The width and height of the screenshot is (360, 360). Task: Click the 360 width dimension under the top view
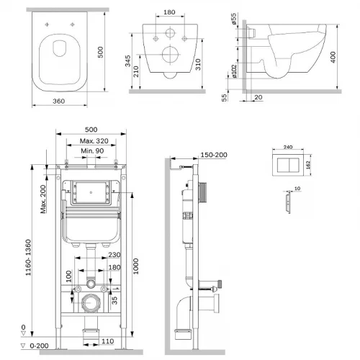59,102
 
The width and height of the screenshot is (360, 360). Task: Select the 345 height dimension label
128,61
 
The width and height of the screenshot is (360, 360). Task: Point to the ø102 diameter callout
234,71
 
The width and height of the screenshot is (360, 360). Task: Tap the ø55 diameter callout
233,19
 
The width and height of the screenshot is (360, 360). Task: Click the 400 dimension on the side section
333,57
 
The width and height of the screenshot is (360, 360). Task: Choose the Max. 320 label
94,141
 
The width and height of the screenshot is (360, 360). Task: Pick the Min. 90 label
92,151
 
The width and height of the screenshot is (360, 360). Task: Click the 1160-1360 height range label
28,258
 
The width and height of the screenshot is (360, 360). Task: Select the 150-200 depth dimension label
214,155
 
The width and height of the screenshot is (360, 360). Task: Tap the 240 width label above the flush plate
288,147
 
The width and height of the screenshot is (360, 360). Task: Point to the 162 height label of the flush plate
308,165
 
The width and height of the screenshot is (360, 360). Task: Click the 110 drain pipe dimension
107,341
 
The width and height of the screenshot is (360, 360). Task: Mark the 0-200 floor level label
39,346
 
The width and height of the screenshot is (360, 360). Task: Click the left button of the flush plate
283,166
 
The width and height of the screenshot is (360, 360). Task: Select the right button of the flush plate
294,166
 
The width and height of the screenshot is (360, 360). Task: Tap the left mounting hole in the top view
47,24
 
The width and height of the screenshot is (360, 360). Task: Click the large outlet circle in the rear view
170,55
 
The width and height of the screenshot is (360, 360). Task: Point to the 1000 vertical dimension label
136,266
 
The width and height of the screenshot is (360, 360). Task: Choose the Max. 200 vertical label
43,199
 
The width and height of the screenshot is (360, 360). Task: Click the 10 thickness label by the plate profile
297,189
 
